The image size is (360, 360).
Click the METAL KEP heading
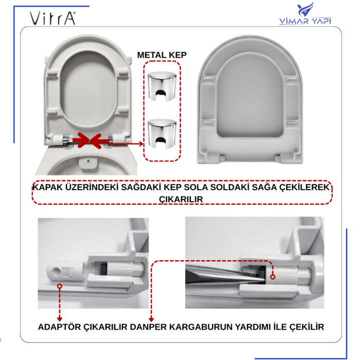tap(161, 55)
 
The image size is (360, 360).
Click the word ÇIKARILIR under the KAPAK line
tap(182, 199)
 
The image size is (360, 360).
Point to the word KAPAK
tap(49, 187)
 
